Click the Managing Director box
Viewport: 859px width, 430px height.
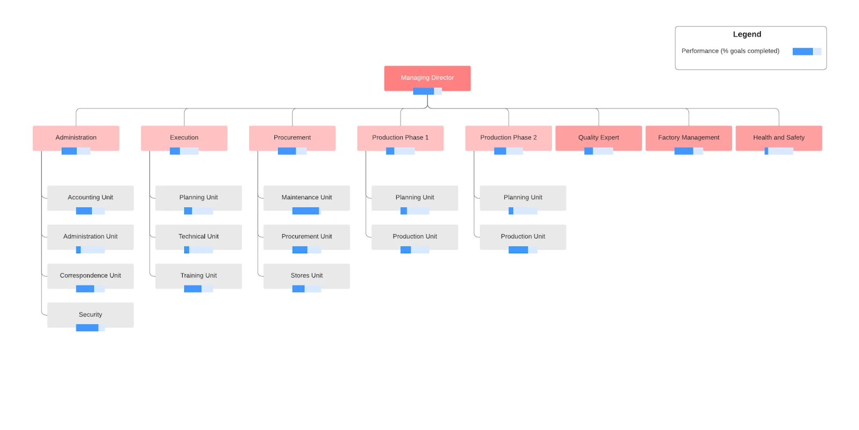click(427, 78)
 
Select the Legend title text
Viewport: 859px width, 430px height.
click(747, 34)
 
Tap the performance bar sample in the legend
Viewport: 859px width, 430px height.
click(806, 52)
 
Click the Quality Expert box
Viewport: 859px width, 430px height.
click(598, 137)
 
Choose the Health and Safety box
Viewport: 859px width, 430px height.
click(778, 137)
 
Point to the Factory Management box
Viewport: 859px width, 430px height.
click(688, 137)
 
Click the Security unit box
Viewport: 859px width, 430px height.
click(90, 315)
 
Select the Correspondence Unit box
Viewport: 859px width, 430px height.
click(90, 275)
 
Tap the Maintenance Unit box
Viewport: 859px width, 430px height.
click(307, 198)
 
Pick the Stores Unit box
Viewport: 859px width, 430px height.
click(307, 275)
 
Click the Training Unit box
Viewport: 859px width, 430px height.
click(199, 275)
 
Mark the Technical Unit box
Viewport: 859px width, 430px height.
click(199, 236)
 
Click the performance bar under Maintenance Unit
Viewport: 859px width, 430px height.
click(307, 211)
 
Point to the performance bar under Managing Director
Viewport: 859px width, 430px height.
click(427, 91)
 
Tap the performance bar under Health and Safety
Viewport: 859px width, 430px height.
click(778, 151)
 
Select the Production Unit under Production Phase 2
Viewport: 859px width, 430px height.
click(523, 236)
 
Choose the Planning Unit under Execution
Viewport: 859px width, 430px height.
click(199, 198)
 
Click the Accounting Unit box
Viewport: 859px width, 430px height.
click(90, 198)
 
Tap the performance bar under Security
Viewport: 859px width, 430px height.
click(90, 328)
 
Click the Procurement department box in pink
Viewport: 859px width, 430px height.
click(292, 137)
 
